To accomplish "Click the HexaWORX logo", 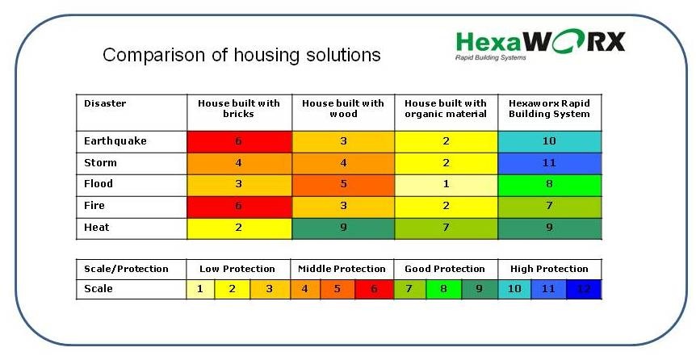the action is click(x=540, y=44).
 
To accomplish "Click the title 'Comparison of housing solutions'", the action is click(x=241, y=55).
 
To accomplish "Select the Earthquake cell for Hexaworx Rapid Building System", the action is click(x=550, y=141).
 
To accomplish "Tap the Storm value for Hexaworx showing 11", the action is click(x=550, y=163).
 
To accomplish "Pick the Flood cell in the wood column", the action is click(x=343, y=185).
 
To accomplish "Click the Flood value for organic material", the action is click(x=446, y=185).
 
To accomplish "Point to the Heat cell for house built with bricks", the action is click(x=239, y=228).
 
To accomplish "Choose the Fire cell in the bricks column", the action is click(x=239, y=207).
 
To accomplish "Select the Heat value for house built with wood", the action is click(x=343, y=228).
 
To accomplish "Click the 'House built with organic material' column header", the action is click(x=446, y=109).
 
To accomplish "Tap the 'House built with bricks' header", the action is click(x=239, y=109).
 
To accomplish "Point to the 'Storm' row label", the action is click(x=100, y=163).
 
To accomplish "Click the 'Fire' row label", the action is click(x=94, y=206).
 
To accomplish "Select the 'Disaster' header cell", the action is click(x=105, y=103).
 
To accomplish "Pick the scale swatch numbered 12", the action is click(x=584, y=290).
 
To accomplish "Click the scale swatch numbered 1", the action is click(x=200, y=290).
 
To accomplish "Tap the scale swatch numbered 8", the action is click(x=443, y=290).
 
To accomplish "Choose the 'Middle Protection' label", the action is click(x=342, y=269).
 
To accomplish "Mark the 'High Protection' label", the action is click(x=549, y=269).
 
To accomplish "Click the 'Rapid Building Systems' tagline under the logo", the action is click(x=491, y=57).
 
